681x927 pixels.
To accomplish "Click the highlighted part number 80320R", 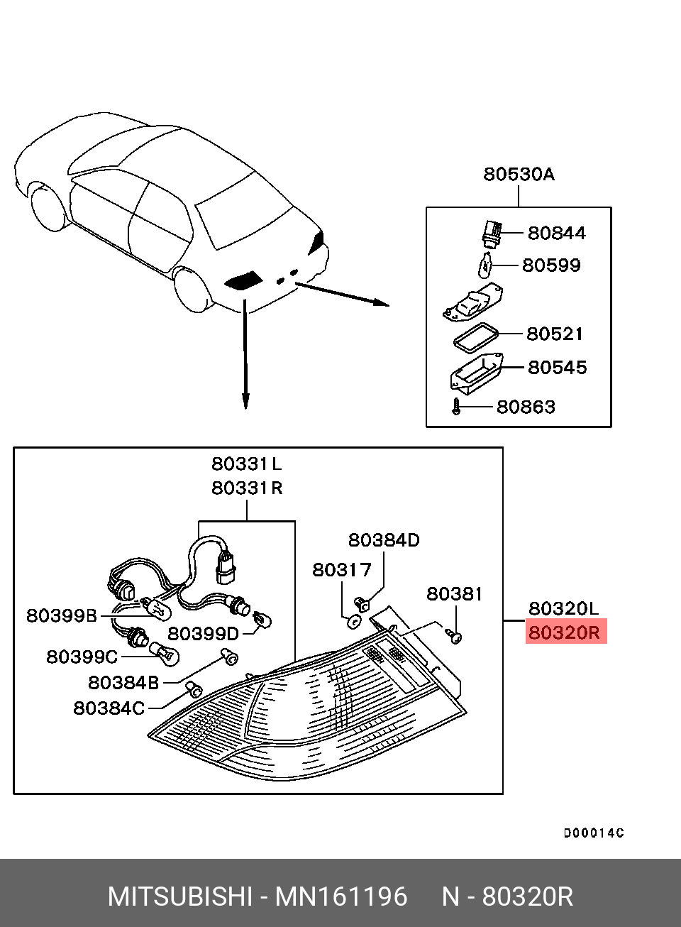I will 565,632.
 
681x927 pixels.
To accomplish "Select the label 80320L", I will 563,608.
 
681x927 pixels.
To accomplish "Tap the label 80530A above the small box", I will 519,174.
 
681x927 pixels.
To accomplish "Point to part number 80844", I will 557,233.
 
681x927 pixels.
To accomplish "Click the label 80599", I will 551,265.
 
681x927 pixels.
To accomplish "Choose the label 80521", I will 555,334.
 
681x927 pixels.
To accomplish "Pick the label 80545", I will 557,367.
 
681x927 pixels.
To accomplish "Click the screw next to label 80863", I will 457,407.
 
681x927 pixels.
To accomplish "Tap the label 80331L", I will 246,464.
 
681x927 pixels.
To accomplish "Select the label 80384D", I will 383,540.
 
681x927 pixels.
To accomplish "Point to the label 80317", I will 342,570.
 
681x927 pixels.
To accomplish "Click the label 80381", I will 454,593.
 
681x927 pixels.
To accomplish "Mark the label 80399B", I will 62,615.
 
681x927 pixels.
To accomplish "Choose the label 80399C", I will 82,657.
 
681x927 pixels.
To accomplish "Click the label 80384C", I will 109,708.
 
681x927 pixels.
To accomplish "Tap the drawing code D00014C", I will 594,833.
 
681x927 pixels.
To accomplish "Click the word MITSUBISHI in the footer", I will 179,897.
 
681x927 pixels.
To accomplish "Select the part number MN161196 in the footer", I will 341,897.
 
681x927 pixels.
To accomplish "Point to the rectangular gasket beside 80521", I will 476,336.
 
